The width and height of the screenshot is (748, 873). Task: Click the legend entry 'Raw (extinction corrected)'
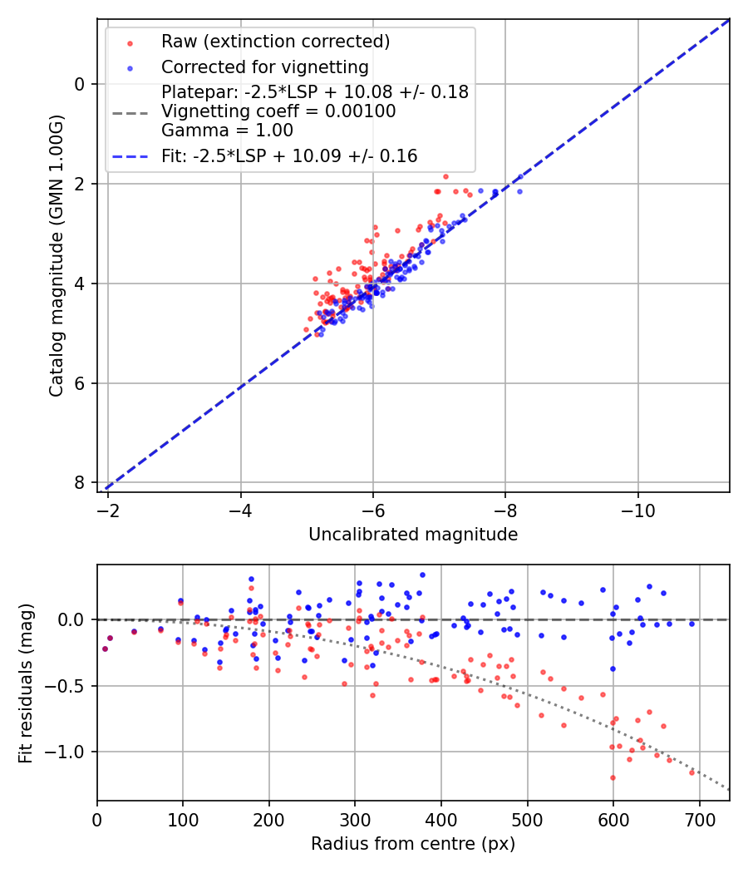coord(275,42)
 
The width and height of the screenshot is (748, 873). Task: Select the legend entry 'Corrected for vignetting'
coord(264,67)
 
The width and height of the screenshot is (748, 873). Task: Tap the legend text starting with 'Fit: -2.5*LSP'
coord(289,155)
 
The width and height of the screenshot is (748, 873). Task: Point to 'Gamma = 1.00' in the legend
coord(227,130)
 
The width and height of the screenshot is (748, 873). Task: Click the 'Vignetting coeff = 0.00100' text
coord(278,111)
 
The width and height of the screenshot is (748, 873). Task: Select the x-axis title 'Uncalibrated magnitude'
coord(413,535)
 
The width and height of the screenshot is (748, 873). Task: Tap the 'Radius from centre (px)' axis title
coord(413,844)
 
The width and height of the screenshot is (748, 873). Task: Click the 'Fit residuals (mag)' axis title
coord(26,682)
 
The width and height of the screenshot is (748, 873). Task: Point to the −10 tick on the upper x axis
coord(637,507)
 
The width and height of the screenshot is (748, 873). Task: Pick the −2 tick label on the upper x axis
coord(108,507)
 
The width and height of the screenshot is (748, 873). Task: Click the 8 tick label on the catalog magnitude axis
coord(79,483)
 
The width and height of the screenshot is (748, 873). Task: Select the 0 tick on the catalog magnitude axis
coord(79,84)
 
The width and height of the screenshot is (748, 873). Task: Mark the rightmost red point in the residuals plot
coord(691,772)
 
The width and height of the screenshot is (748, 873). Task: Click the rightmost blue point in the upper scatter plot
coord(520,191)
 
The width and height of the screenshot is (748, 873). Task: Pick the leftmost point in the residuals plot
coord(105,649)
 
